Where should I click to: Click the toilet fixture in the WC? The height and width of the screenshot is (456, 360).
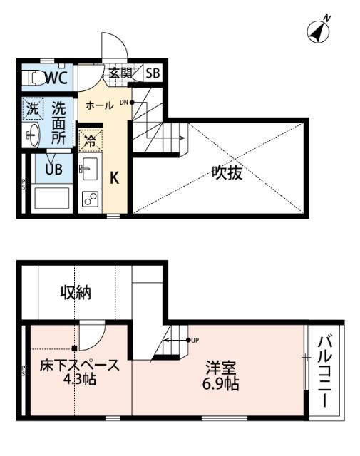31,78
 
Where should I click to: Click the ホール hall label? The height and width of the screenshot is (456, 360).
99,105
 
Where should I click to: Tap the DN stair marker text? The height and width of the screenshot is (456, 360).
123,102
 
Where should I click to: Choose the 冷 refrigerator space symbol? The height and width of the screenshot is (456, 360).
90,140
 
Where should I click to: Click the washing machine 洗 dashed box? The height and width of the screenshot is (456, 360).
32,108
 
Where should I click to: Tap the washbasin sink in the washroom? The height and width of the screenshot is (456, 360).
31,133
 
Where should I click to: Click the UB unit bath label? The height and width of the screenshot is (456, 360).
53,169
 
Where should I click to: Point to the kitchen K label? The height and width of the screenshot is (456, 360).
113,177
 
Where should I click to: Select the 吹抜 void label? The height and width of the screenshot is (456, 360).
227,172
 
